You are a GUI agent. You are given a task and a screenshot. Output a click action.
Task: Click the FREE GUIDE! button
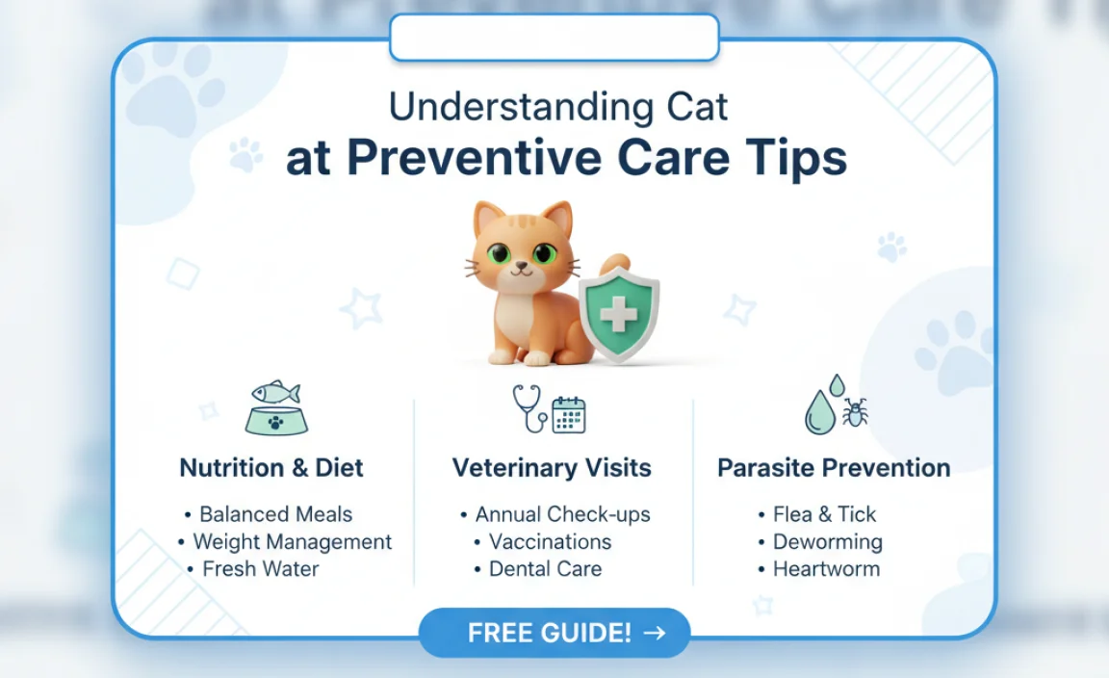coord(554,633)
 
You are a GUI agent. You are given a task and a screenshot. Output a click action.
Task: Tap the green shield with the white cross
coord(619,314)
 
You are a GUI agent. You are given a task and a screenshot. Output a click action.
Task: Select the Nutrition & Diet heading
coord(271,469)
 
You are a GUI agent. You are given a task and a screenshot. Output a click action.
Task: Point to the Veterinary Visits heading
coord(552,469)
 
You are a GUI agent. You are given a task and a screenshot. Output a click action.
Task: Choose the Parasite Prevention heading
coord(834,469)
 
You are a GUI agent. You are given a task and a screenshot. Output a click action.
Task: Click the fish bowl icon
coord(276,408)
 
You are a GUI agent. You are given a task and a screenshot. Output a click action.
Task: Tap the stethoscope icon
coord(530,406)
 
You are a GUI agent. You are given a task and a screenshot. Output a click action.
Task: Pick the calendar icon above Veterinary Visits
coord(569,415)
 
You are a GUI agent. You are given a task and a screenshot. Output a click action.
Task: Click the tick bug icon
coord(854,413)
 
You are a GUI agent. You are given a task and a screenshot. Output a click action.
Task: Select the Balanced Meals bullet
coord(275,514)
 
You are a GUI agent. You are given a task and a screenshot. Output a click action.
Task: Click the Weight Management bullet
coord(292,541)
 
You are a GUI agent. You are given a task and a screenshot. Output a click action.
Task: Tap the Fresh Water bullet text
coord(260,568)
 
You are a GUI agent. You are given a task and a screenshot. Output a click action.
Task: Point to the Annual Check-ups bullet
coord(562,514)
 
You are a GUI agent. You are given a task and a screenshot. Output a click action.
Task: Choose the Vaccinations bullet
coord(550,541)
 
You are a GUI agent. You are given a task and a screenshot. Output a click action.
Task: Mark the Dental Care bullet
coord(545,568)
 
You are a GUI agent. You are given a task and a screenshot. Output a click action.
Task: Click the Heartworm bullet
coord(826,568)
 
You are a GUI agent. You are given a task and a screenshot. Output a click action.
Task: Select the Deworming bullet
coord(827,541)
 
